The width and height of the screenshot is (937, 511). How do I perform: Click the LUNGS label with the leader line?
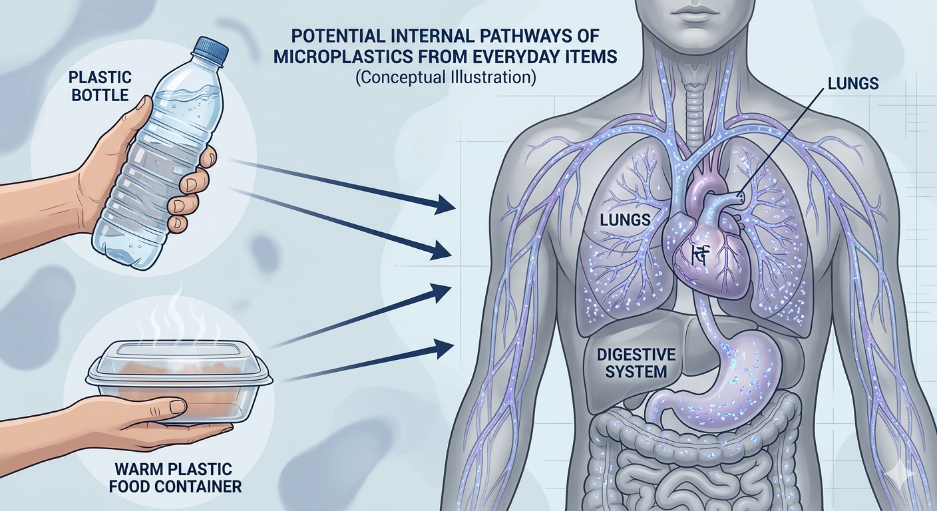click(853, 85)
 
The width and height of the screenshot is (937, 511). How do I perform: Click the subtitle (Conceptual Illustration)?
click(446, 77)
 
